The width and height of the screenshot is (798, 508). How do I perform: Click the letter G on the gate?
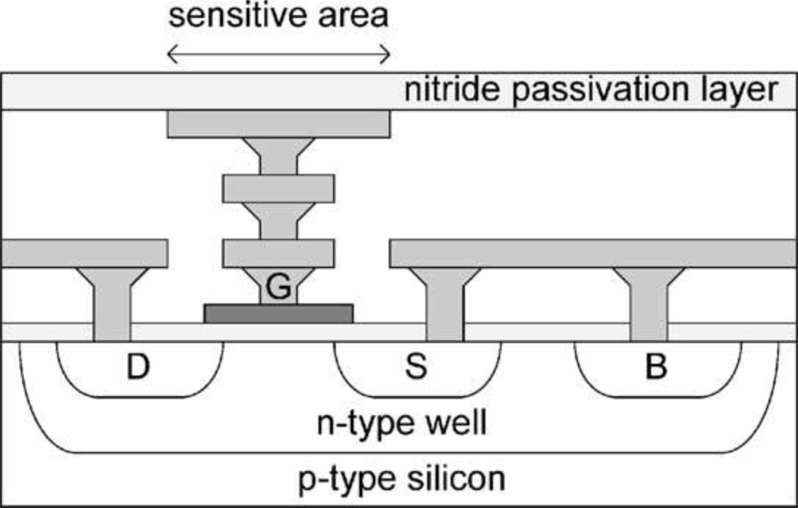click(278, 288)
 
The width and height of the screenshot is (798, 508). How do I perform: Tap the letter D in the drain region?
click(140, 368)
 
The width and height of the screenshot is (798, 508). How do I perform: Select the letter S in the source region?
click(416, 368)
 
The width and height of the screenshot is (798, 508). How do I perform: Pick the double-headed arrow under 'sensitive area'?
click(278, 53)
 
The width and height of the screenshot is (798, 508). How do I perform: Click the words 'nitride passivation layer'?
click(591, 89)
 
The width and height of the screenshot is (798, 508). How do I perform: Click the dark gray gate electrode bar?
click(279, 313)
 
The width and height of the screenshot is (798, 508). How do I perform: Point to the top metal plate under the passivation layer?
click(279, 124)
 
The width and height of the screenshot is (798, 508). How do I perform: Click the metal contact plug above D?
click(112, 307)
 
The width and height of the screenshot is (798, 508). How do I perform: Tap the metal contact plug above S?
click(444, 307)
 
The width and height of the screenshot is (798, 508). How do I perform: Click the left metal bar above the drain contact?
click(84, 253)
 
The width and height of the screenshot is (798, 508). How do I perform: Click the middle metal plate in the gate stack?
click(279, 188)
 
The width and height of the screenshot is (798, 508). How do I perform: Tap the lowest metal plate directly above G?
click(279, 253)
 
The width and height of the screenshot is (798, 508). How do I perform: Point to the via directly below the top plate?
click(279, 156)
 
